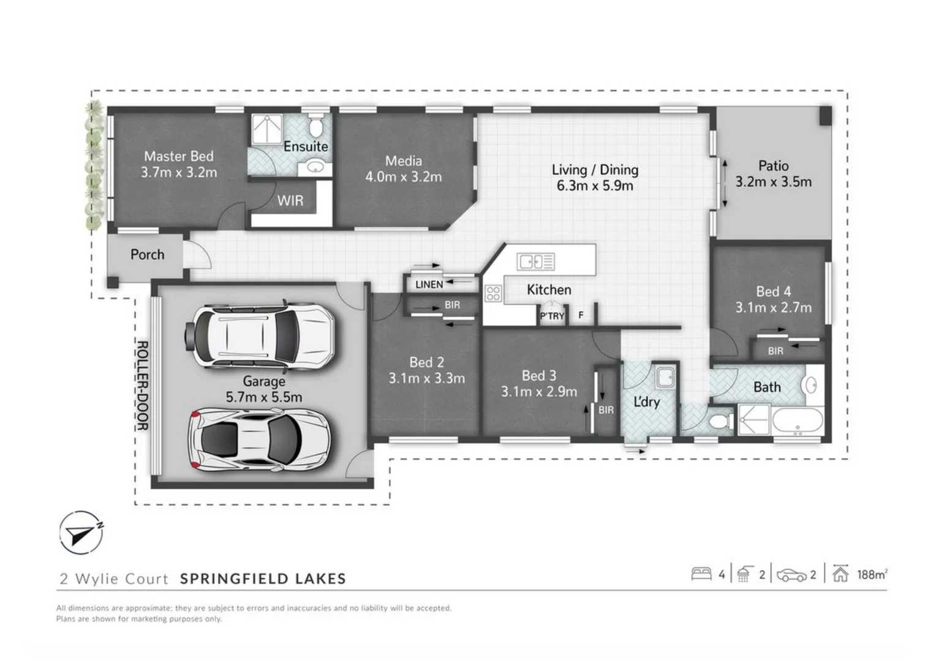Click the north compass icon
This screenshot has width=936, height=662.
(x=81, y=533)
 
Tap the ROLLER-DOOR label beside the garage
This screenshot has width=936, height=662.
(x=142, y=386)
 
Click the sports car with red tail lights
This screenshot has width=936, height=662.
(x=260, y=439)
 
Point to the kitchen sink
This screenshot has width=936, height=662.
(x=535, y=262)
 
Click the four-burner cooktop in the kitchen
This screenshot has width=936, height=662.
(x=493, y=294)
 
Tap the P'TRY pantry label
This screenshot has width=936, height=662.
(x=551, y=316)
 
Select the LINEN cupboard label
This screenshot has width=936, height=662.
(x=429, y=284)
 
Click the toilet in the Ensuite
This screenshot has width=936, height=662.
(x=315, y=126)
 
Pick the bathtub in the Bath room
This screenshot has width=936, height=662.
(x=797, y=422)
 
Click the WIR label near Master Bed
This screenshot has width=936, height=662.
(x=290, y=201)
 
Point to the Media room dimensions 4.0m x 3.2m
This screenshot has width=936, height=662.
(x=403, y=177)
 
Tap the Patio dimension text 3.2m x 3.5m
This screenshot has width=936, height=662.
(x=773, y=182)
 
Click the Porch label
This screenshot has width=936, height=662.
(x=147, y=254)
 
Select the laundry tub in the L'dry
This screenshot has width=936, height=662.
(x=665, y=377)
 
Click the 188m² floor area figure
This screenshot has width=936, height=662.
(x=871, y=574)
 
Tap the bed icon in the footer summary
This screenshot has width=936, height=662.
(x=701, y=574)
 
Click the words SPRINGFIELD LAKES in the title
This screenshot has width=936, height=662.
(x=263, y=579)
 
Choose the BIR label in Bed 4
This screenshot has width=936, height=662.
(x=776, y=351)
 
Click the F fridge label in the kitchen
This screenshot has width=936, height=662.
(x=581, y=315)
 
